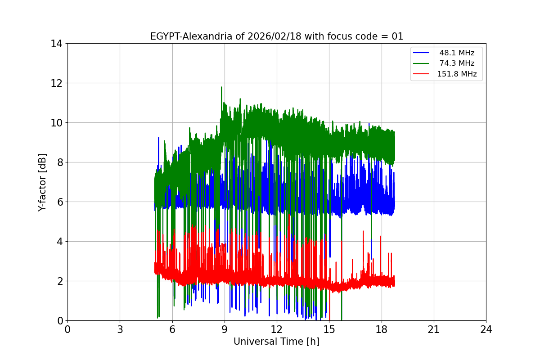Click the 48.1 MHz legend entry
coord(457,53)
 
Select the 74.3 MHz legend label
coord(457,63)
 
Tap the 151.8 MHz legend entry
coord(457,74)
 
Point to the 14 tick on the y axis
coord(56,44)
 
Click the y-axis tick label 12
coord(56,83)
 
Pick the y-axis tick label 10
coord(56,123)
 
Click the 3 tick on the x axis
coord(120,329)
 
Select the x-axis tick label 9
coord(225,329)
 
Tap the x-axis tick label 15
coord(329,329)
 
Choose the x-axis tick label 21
coord(434,329)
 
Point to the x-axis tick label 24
coord(486,329)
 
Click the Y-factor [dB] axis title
coord(42,182)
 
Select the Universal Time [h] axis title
coord(276,342)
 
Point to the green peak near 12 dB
coord(221,87)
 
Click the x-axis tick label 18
coord(382,329)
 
